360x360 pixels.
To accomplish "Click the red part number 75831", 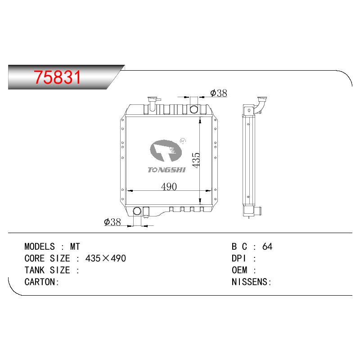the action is tap(58, 77).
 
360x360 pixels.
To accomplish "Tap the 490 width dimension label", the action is tap(169, 187).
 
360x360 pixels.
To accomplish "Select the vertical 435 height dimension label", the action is tap(196, 160).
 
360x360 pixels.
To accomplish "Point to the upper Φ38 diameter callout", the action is tap(219, 93).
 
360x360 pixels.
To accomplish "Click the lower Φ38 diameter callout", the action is tap(112, 222).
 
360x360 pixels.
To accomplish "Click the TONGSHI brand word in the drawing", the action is tap(166, 170).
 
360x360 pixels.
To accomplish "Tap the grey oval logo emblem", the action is tap(166, 151).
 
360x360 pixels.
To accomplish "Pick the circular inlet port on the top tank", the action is tap(194, 109).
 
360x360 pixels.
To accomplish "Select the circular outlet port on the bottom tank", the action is tap(137, 211).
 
